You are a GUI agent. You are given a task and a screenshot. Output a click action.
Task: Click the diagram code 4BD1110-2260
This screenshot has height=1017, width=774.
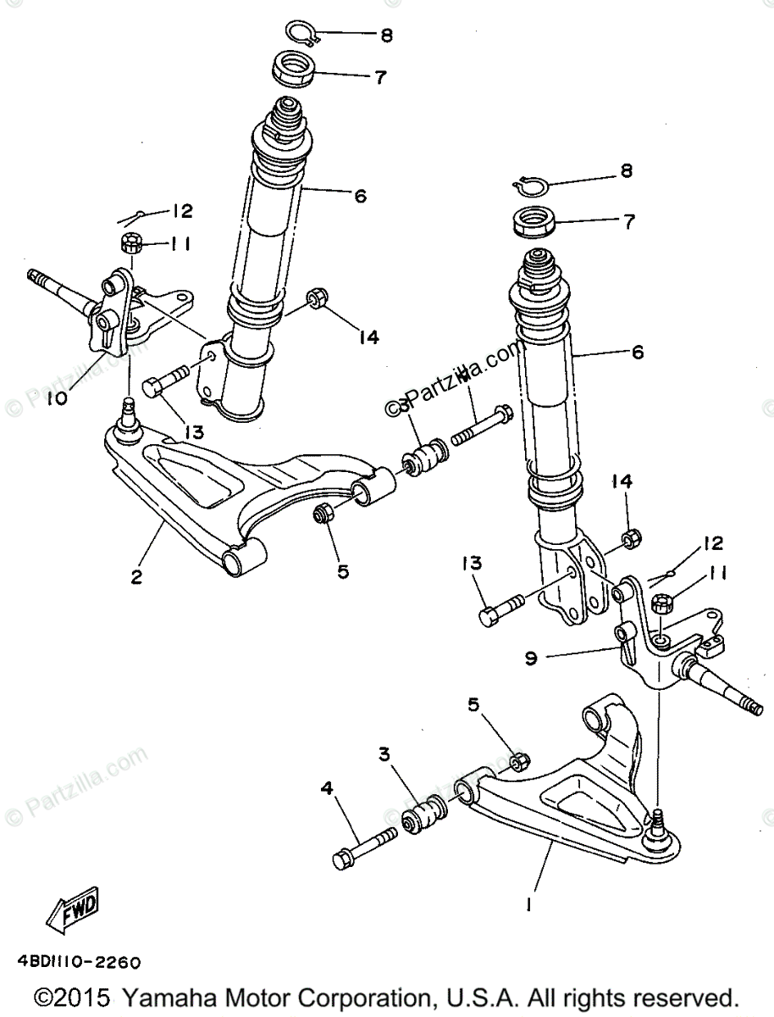tap(77, 963)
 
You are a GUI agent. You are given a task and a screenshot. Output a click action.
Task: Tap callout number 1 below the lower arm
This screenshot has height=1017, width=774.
tap(528, 905)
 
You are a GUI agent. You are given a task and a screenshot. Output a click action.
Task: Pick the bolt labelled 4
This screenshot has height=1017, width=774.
tap(364, 846)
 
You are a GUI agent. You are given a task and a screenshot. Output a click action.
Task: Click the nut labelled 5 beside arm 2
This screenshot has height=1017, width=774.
tap(323, 514)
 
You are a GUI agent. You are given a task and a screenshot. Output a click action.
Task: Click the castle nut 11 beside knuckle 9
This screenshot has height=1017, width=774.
tap(662, 604)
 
